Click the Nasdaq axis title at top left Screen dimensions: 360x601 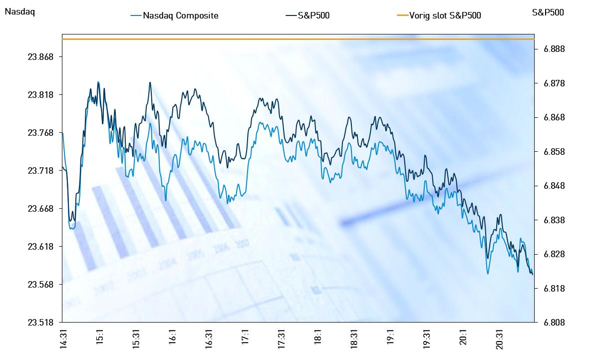click(19, 12)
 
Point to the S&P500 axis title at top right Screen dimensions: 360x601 click(548, 12)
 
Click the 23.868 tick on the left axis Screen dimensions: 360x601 click(41, 57)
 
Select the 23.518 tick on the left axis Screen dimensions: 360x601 click(41, 322)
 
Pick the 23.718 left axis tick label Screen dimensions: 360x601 click(41, 171)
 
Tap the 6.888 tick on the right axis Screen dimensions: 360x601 click(555, 49)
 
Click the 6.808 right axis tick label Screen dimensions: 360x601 click(555, 322)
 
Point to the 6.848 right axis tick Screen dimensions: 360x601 click(555, 186)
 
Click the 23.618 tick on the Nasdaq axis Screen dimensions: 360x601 click(41, 247)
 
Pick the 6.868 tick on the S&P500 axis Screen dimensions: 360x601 click(555, 117)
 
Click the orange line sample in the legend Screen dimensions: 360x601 click(402, 15)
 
